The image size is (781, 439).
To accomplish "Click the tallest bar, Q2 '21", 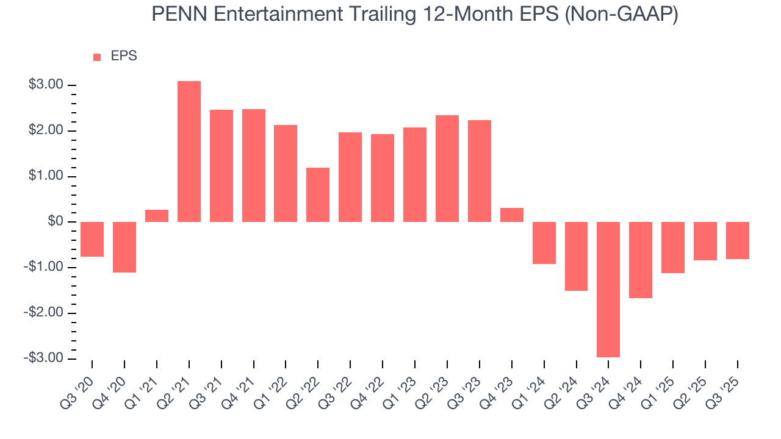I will (x=189, y=151).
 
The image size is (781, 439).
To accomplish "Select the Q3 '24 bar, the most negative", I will (x=608, y=289).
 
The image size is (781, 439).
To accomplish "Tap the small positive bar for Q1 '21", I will (x=157, y=216).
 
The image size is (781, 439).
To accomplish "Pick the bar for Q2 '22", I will (x=318, y=195).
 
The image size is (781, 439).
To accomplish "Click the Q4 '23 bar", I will (x=512, y=215).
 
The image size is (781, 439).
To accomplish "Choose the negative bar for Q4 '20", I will (x=124, y=247).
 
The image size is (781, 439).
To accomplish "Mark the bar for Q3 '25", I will (x=737, y=240).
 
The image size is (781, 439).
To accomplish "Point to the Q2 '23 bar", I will (x=447, y=168).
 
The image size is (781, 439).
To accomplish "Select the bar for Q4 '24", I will (x=641, y=260).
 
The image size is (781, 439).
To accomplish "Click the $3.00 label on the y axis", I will (x=46, y=85).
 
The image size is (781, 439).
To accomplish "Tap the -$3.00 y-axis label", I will (x=44, y=358).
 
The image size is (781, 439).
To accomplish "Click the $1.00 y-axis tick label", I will (x=46, y=176).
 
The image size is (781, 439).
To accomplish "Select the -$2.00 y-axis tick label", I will (x=44, y=312).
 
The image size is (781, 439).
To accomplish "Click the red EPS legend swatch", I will (x=97, y=57).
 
